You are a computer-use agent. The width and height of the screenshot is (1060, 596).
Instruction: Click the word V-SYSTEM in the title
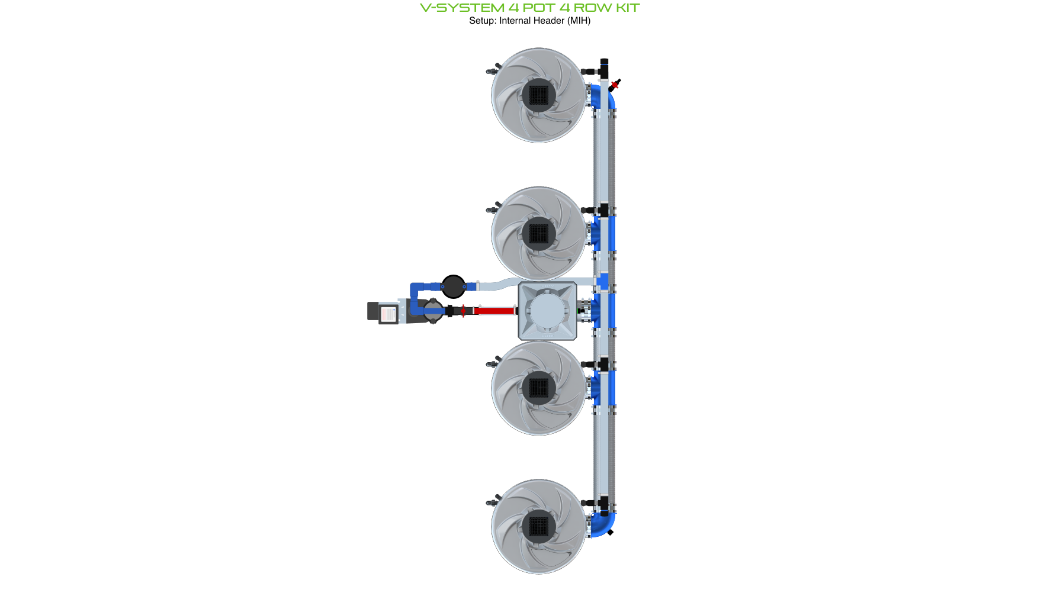click(462, 8)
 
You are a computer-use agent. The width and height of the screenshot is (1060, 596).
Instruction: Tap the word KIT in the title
click(627, 8)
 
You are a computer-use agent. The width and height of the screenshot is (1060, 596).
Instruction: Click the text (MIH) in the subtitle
click(579, 21)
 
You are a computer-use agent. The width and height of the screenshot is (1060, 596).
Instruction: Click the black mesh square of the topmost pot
click(538, 95)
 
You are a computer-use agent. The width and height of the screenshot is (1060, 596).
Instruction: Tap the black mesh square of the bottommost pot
click(538, 526)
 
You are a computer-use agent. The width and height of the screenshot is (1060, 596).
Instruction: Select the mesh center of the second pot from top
click(538, 233)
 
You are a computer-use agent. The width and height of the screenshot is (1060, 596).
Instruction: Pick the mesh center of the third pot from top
click(538, 388)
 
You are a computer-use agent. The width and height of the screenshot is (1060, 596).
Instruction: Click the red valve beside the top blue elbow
click(615, 85)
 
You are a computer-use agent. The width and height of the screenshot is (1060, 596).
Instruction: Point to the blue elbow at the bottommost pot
click(604, 524)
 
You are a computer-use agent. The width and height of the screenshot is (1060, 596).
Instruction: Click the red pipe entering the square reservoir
click(495, 311)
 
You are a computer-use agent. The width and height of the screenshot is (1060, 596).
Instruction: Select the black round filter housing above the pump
click(454, 286)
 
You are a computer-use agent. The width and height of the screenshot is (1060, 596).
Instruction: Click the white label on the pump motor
click(388, 314)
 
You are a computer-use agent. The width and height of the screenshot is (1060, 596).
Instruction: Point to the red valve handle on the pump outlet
click(463, 311)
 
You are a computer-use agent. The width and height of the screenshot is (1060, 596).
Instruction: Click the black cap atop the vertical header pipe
click(604, 62)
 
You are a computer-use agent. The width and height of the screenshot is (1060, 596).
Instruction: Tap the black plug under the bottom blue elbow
click(611, 532)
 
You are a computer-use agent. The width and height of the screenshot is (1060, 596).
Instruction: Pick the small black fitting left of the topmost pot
click(492, 70)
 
